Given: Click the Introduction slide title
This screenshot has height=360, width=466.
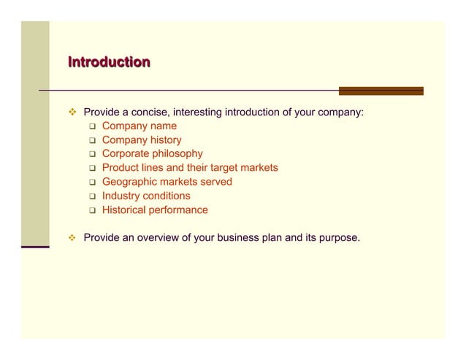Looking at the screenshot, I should tap(109, 62).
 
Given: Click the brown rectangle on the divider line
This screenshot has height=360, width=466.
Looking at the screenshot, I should tap(381, 91).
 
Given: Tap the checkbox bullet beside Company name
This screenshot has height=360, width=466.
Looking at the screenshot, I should tap(93, 126).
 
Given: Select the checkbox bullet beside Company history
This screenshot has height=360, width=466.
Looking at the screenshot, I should tap(93, 140).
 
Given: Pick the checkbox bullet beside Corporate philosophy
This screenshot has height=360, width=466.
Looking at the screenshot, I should tap(93, 154).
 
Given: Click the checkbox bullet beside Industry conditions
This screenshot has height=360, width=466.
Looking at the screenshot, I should tap(93, 196).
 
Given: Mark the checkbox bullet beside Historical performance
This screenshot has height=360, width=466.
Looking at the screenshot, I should tap(93, 210).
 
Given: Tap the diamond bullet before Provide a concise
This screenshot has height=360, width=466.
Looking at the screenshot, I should tap(72, 112).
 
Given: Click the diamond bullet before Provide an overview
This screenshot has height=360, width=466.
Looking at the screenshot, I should tap(72, 238).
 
